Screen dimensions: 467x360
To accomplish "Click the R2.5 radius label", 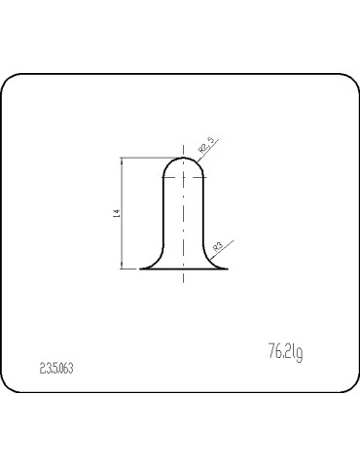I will click(206, 146).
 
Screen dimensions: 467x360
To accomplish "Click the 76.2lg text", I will click(284, 351).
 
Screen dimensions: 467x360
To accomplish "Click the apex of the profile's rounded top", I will click(184, 157).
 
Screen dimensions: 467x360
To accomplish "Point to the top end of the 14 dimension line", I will click(122, 159).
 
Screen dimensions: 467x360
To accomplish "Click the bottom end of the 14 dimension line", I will click(122, 269).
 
